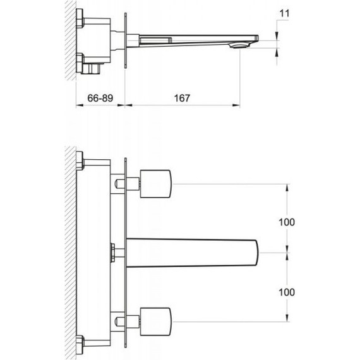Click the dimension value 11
[284, 13]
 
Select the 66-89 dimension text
[100, 99]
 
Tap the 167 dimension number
[182, 99]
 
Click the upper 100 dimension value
[287, 222]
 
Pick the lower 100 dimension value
[287, 292]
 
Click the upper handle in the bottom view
[155, 184]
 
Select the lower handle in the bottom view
[155, 321]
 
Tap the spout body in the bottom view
[193, 253]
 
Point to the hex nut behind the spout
[112, 253]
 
